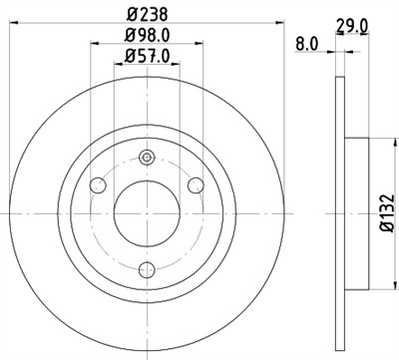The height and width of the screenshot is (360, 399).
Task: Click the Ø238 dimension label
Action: point(148,15)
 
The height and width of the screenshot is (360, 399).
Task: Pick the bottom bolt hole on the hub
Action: point(148,267)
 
